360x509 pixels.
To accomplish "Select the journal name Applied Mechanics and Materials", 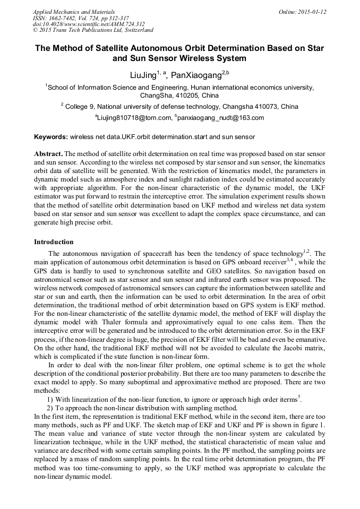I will coord(73,12).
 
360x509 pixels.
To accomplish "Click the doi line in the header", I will coord(88,24).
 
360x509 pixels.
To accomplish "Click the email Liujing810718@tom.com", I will coord(135,118).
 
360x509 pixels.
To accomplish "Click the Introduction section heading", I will coord(54,242).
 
